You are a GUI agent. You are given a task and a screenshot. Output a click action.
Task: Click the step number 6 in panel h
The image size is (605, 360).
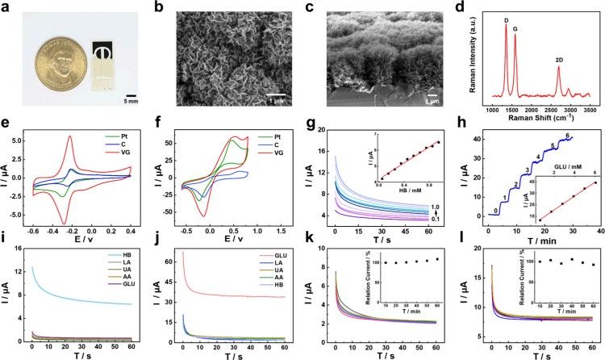(x=568, y=135)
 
